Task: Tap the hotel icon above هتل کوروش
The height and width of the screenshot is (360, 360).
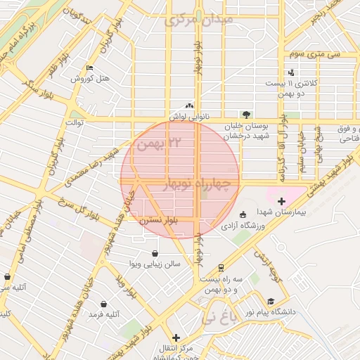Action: [89, 68]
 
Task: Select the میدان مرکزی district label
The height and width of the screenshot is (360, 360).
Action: [198, 20]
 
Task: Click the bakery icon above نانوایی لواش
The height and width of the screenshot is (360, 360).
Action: [189, 105]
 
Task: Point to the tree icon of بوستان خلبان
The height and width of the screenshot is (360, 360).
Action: [245, 114]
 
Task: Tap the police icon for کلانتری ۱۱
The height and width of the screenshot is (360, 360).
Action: [291, 72]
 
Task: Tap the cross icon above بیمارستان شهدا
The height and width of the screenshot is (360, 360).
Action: [282, 202]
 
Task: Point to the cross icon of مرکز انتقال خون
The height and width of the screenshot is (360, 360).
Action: [176, 337]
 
